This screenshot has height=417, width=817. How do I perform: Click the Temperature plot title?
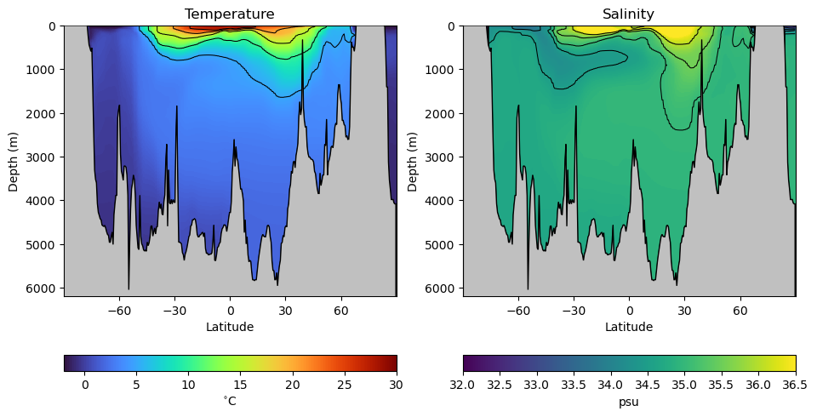(x=230, y=14)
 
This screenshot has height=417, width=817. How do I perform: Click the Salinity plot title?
(x=629, y=14)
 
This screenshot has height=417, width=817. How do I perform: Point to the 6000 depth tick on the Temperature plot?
(x=44, y=288)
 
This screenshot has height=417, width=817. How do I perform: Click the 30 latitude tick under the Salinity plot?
(x=684, y=311)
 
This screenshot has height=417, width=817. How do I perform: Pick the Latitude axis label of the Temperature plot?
(x=230, y=327)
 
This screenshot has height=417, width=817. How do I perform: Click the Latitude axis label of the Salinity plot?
(x=629, y=327)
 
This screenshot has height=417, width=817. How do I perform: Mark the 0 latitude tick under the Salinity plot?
(x=629, y=311)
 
